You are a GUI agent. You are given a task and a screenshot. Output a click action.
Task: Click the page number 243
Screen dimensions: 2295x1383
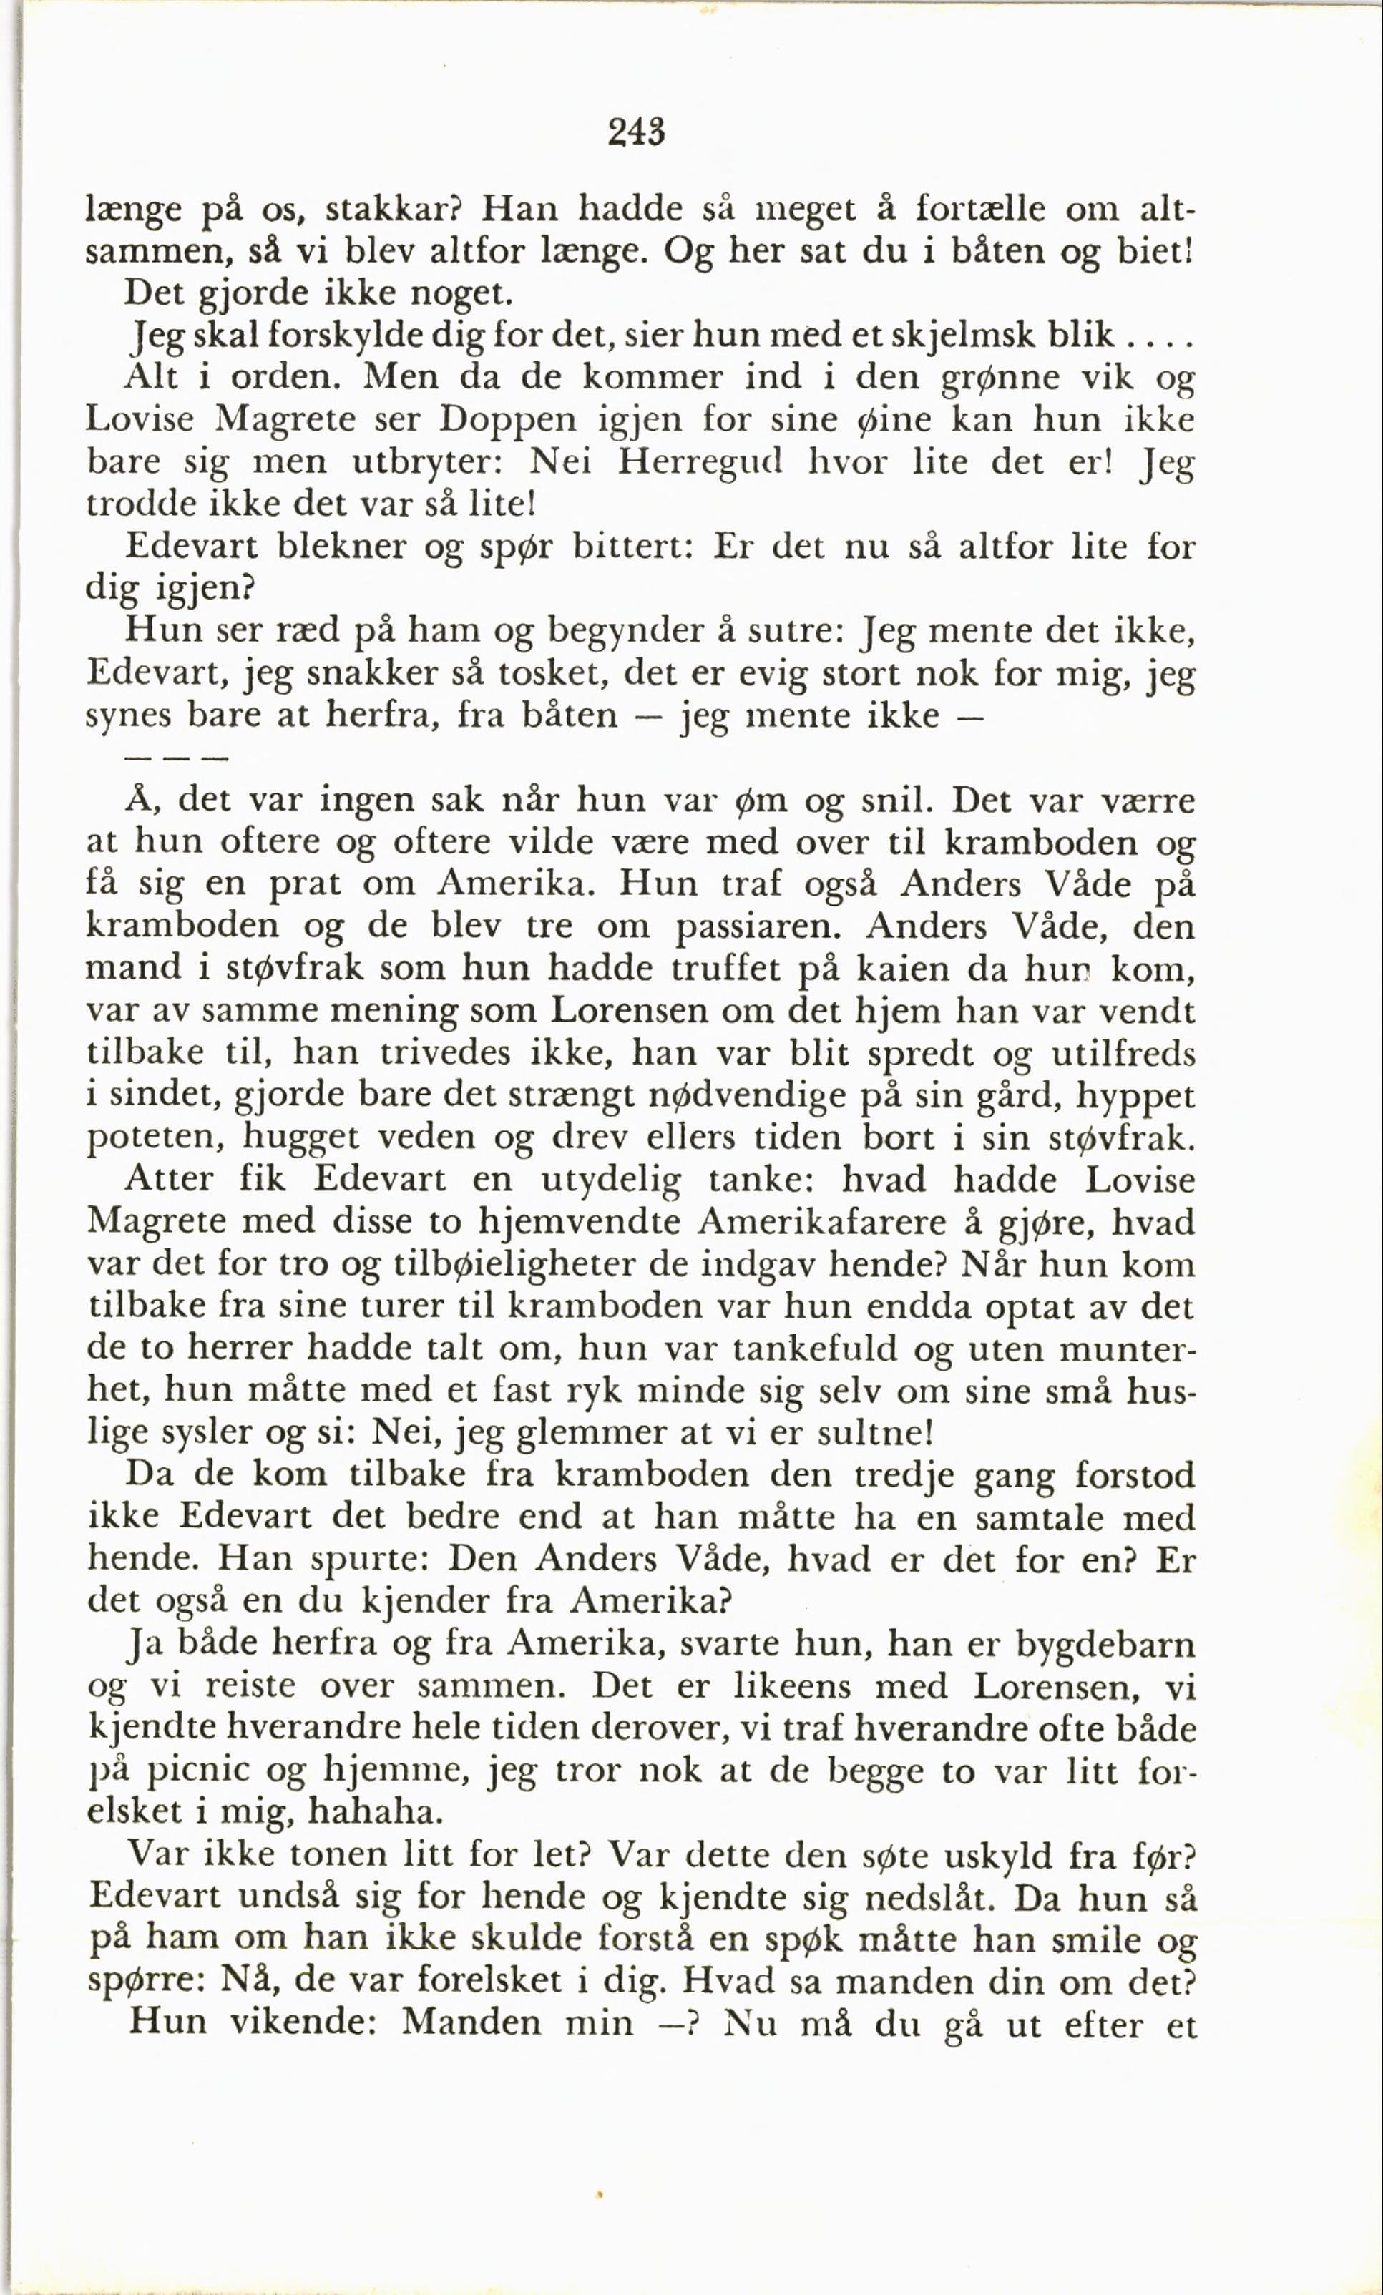pyautogui.click(x=637, y=133)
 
